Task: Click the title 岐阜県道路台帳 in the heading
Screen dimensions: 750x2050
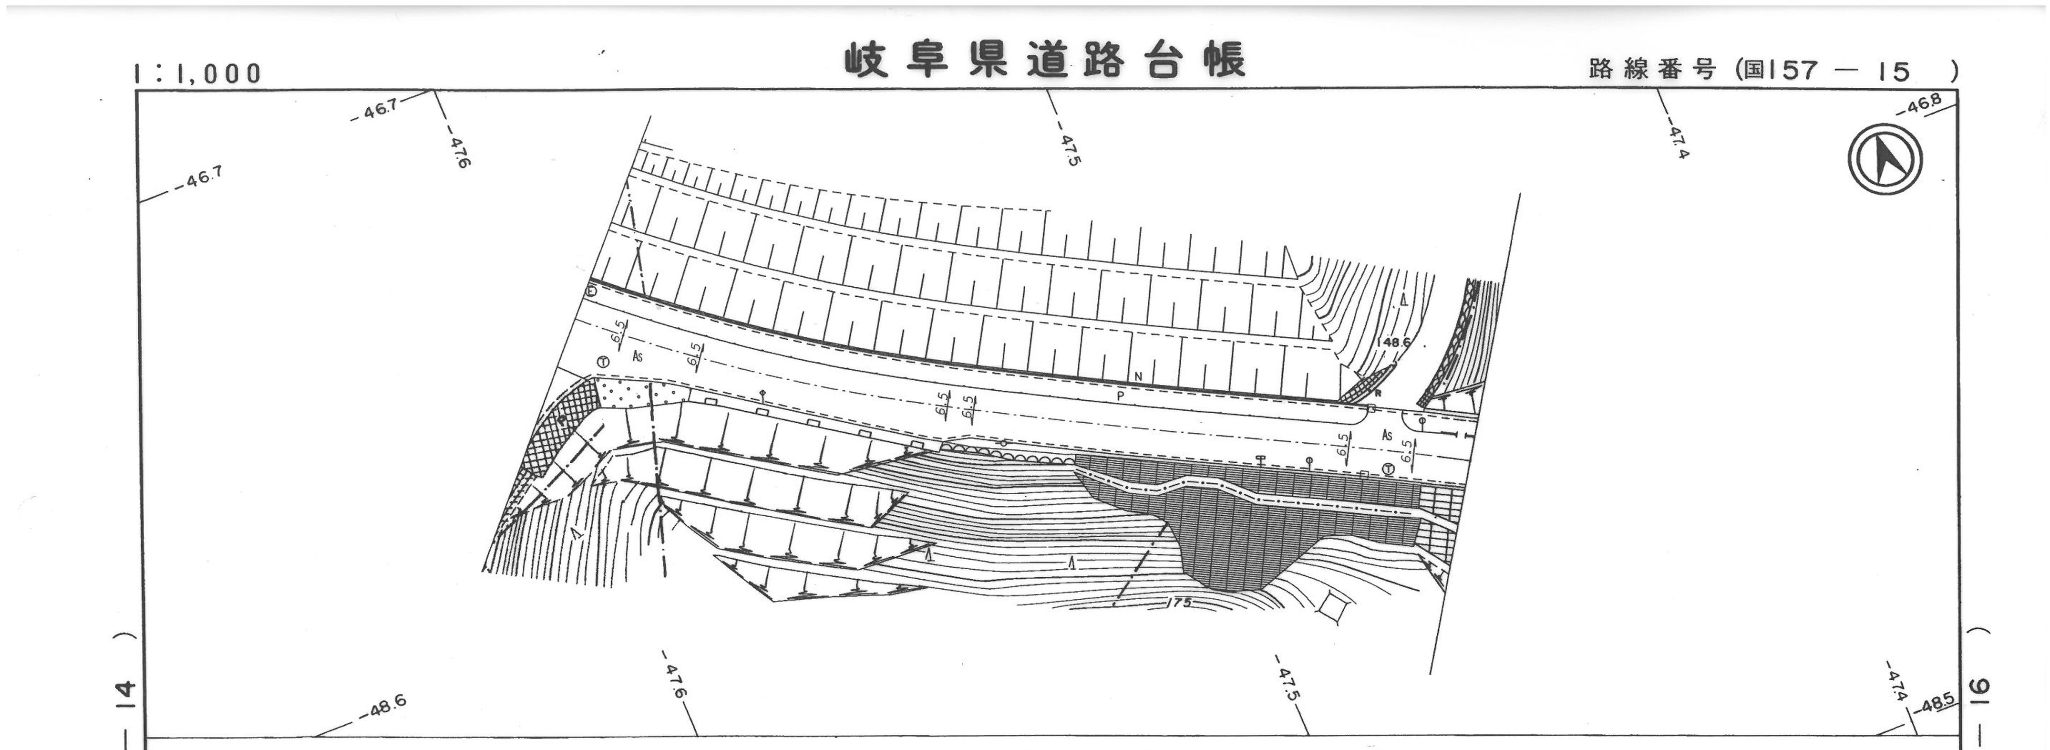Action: click(x=1044, y=61)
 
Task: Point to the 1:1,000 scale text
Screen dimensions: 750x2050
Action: click(x=197, y=73)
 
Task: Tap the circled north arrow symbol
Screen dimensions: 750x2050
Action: click(x=1885, y=159)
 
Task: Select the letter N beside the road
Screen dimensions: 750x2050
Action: click(x=1138, y=376)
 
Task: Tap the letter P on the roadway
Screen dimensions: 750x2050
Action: click(x=1121, y=395)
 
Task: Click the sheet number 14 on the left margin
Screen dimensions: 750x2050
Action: click(x=126, y=694)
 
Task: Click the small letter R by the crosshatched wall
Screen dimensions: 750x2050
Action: click(x=1378, y=393)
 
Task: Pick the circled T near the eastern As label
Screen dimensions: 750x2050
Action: click(x=1389, y=470)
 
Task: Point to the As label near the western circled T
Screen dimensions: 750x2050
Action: click(x=637, y=357)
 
